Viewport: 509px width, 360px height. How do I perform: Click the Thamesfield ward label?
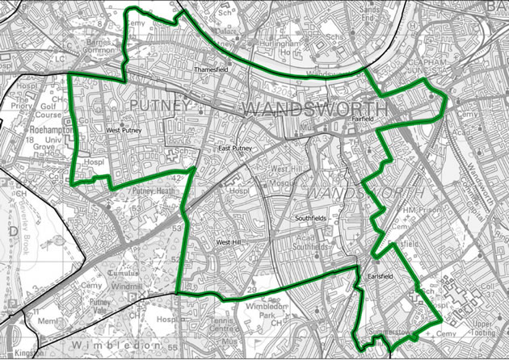point(212,70)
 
